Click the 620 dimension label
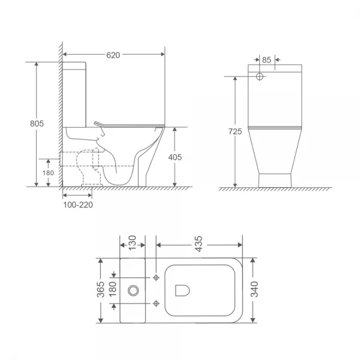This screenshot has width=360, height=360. tap(114, 55)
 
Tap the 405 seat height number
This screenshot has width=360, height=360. tap(175, 157)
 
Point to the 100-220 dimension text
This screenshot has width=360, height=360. tap(77, 204)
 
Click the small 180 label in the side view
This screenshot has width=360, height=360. tap(49, 173)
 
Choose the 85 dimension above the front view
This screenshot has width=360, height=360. tap(267, 59)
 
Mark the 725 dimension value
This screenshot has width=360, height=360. tap(235, 131)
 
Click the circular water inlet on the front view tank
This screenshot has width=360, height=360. tap(260, 77)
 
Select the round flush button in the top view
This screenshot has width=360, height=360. tap(133, 290)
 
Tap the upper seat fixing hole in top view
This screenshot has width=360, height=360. tap(156, 278)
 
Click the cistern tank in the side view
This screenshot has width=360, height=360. tap(75, 93)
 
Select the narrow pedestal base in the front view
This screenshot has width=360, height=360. tap(274, 179)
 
